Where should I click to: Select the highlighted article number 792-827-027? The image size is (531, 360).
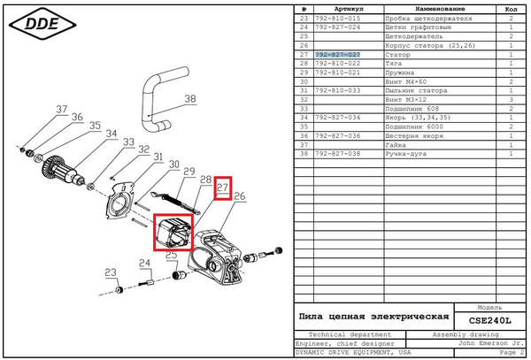[337, 55]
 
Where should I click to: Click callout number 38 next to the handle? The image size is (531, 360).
[189, 100]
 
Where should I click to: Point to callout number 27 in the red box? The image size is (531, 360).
[223, 187]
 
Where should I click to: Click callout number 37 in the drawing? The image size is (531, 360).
[61, 111]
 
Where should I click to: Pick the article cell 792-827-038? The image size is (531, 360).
[337, 154]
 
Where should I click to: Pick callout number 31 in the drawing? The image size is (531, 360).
[158, 158]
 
